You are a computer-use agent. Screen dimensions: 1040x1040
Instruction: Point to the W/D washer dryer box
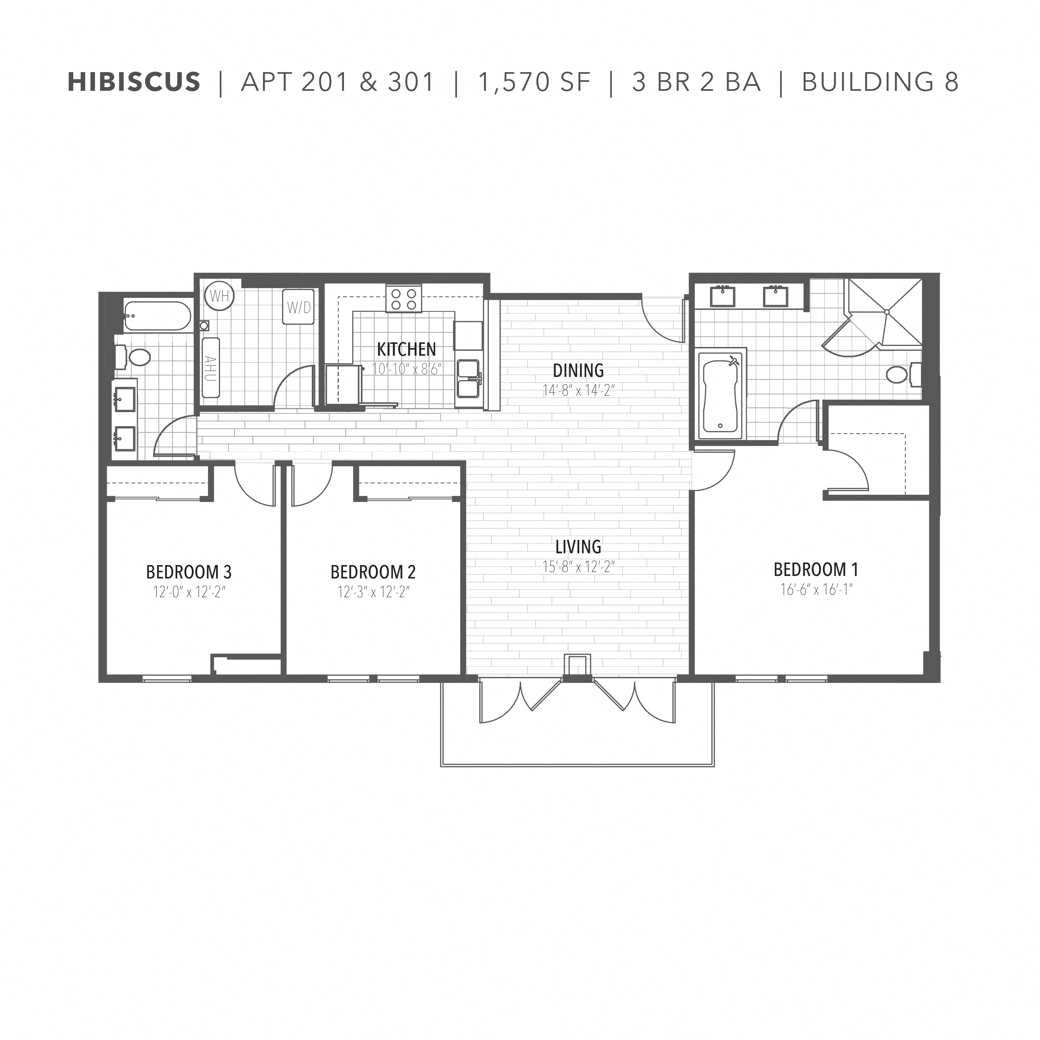pyautogui.click(x=299, y=307)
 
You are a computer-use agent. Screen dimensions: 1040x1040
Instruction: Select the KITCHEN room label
pyautogui.click(x=407, y=349)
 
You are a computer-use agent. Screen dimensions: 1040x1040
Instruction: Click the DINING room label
pyautogui.click(x=578, y=370)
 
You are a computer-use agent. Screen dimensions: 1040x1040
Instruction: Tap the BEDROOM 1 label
pyautogui.click(x=816, y=569)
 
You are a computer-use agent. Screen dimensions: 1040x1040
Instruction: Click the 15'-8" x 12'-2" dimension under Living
pyautogui.click(x=578, y=567)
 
